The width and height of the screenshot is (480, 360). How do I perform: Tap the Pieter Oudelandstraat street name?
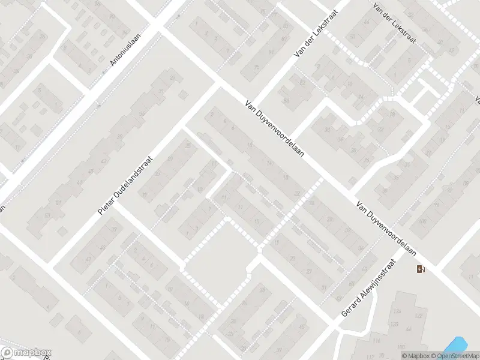(125, 186)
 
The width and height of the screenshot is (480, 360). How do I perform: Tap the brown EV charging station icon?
(420, 268)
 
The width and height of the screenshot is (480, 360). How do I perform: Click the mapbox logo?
(26, 352)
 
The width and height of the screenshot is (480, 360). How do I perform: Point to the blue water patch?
(455, 346)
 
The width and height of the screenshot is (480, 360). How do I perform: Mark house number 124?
(396, 312)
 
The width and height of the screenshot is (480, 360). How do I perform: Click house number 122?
(418, 316)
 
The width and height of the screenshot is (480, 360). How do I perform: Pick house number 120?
(395, 324)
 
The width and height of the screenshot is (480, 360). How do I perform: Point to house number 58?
(286, 100)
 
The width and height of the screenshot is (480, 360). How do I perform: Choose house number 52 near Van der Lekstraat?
(302, 82)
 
